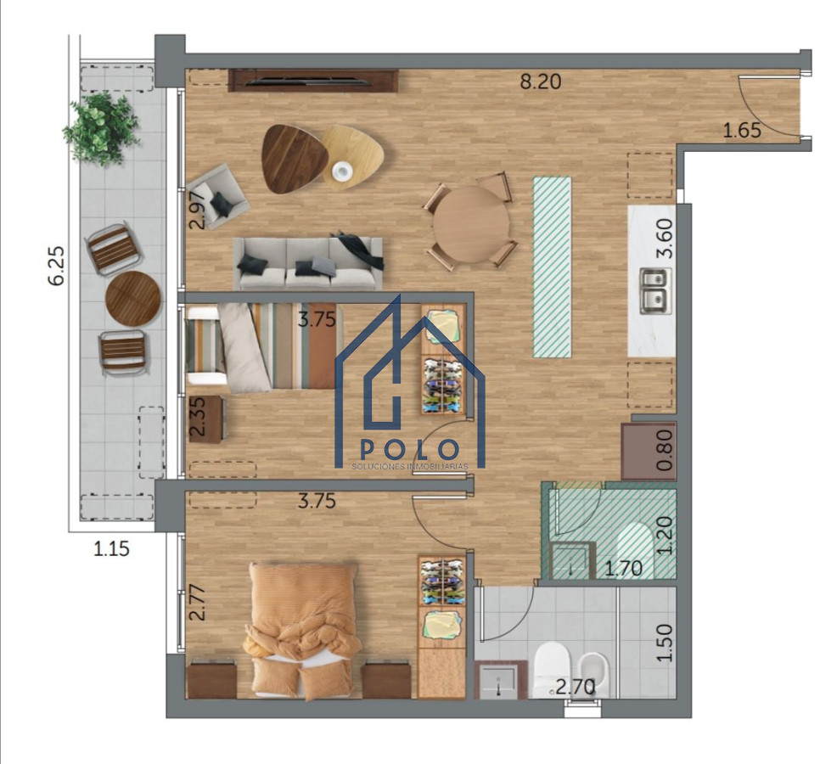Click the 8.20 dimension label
coord(542,82)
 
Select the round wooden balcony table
coord(133,298)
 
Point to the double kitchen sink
coord(654,289)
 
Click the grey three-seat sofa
coord(307,263)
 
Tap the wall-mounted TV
coord(313,81)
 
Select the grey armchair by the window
coord(219,197)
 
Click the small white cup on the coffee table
coord(341,171)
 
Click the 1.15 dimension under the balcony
coord(111,548)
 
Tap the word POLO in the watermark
coord(410,450)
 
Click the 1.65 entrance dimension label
coord(741,130)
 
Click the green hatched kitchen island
coord(552,267)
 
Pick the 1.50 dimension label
coord(666,643)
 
